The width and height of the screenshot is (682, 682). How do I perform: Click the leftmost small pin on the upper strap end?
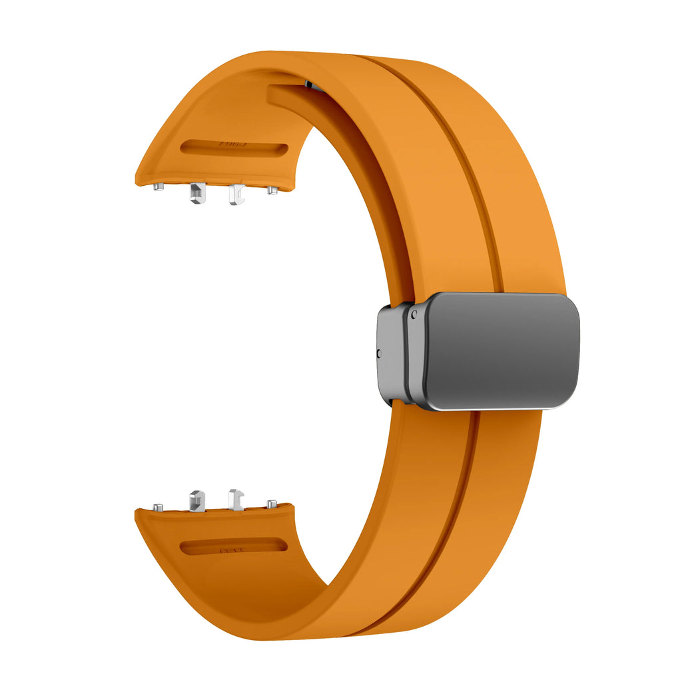pyautogui.click(x=159, y=187)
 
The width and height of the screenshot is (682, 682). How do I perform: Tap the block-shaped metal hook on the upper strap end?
pyautogui.click(x=196, y=193)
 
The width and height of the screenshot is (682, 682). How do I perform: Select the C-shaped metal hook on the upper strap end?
pyautogui.click(x=234, y=194)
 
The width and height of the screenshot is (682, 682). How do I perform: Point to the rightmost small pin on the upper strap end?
pyautogui.click(x=272, y=190)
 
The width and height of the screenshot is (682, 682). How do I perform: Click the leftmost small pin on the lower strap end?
pyautogui.click(x=158, y=508)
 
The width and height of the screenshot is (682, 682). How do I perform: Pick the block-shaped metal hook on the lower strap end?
pyautogui.click(x=197, y=500)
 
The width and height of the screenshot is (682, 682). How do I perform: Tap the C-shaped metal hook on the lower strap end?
pyautogui.click(x=236, y=500)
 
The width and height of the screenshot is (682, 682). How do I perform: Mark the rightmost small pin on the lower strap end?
pyautogui.click(x=272, y=504)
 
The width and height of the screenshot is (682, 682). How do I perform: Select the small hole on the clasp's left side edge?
pyautogui.click(x=379, y=353)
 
